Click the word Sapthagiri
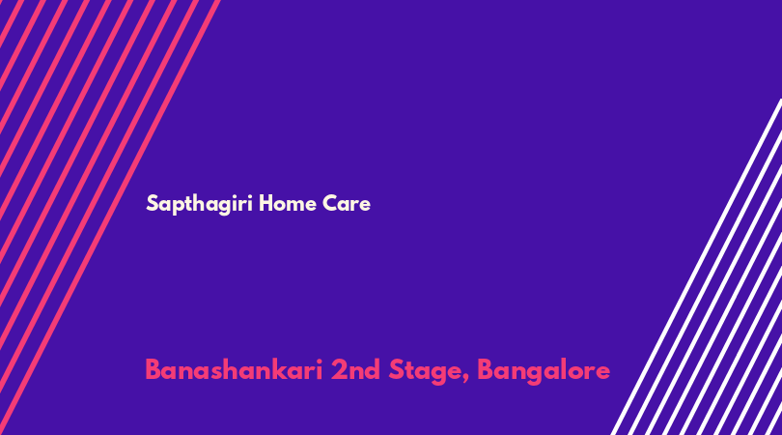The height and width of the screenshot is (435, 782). point(200,204)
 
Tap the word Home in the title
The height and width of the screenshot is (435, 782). point(288,203)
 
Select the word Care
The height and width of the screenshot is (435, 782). point(347,203)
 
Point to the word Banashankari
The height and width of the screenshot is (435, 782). point(234,370)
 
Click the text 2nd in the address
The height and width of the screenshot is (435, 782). point(355,370)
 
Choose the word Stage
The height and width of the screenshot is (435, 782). point(426,372)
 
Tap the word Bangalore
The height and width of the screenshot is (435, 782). point(544,372)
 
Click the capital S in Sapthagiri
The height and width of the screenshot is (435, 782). point(153,203)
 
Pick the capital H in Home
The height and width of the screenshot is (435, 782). point(265,203)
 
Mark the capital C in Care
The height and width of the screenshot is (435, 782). point(329,203)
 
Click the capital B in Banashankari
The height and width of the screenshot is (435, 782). point(154,370)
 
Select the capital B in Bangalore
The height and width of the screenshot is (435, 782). point(487,370)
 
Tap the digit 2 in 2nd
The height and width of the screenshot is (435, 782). point(339,370)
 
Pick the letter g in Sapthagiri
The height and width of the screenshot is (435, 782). point(224,206)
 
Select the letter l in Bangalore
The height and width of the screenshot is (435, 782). point(564,369)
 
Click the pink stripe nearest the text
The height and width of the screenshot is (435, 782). point(110,217)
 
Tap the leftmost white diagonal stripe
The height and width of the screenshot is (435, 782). point(696,267)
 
